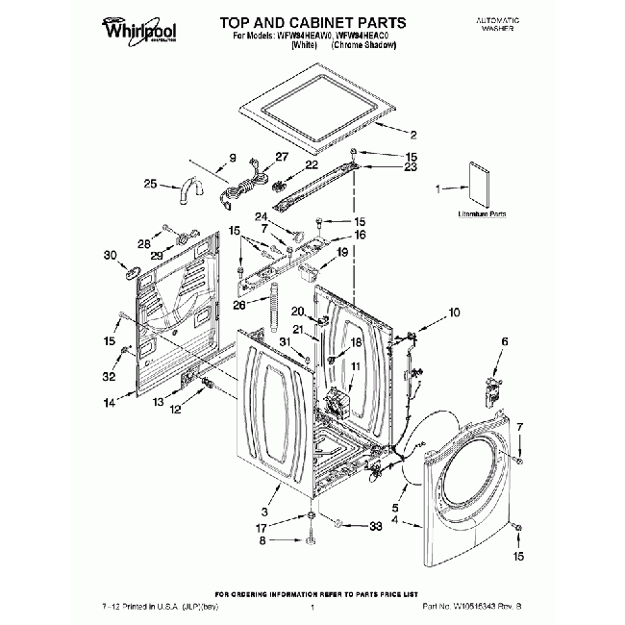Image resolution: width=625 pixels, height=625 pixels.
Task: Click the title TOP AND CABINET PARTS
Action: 300,21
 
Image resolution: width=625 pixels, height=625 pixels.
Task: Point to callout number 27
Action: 281,157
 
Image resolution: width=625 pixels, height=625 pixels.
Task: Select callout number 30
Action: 109,255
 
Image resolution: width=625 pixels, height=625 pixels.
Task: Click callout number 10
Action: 454,312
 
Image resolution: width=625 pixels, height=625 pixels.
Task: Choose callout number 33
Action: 375,525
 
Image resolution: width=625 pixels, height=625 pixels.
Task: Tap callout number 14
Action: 110,403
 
